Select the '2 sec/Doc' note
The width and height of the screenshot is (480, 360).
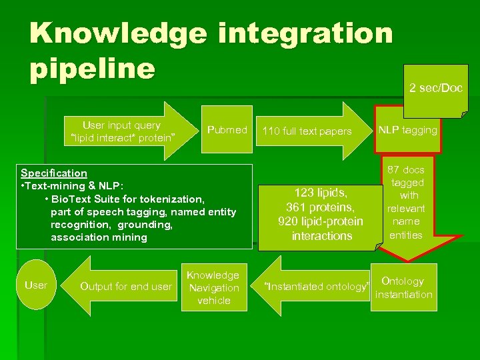pyautogui.click(x=435, y=88)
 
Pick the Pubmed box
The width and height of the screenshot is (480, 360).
pyautogui.click(x=227, y=130)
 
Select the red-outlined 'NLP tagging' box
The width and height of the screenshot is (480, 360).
pyautogui.click(x=407, y=130)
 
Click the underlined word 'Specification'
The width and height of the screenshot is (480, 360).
pyautogui.click(x=54, y=173)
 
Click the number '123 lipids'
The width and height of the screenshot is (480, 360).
pyautogui.click(x=321, y=193)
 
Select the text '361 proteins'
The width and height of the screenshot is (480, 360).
pyautogui.click(x=321, y=207)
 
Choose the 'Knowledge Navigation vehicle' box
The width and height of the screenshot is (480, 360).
pyautogui.click(x=213, y=288)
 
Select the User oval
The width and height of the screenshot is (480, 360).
pyautogui.click(x=36, y=285)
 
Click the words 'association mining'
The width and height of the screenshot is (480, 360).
pyautogui.click(x=99, y=237)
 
